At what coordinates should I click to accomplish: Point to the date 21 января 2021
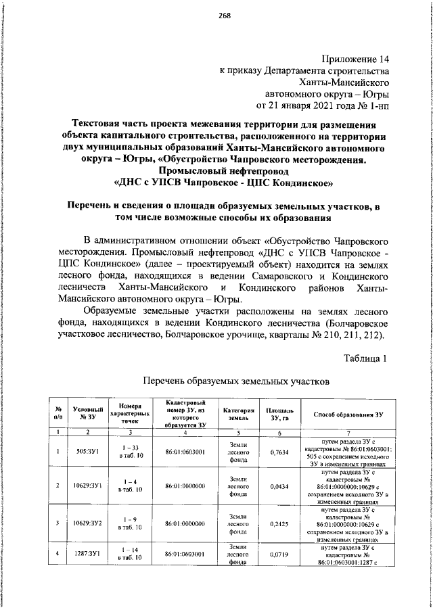coord(306,106)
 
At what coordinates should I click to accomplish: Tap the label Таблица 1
coord(365,358)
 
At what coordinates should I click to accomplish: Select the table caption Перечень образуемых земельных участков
coord(235,381)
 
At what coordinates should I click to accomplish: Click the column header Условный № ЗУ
coord(88,414)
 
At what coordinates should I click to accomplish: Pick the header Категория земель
coord(238,414)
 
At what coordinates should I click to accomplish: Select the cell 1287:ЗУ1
coord(88,555)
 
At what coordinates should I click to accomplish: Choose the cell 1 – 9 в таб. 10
coord(129,523)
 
